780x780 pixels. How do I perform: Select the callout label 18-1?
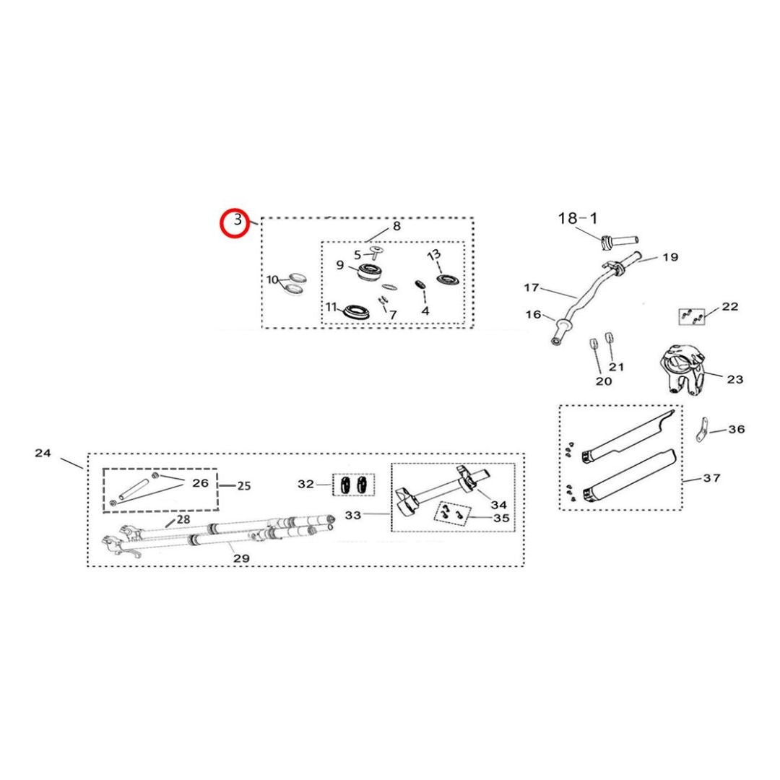[x=578, y=218]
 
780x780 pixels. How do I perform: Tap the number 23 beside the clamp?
[x=734, y=380]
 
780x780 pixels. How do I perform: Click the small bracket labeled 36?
[x=701, y=430]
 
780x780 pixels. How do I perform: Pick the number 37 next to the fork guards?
[x=712, y=478]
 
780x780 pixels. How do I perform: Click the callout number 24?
[x=43, y=453]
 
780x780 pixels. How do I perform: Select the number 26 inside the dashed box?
[x=201, y=483]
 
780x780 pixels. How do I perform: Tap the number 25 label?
[x=244, y=485]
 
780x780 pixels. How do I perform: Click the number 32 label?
[x=306, y=484]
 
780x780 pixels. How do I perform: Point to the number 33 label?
[x=352, y=515]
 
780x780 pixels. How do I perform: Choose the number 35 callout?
[x=501, y=519]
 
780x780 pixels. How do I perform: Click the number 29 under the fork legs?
[x=241, y=558]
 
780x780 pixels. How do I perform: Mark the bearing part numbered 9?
[x=373, y=273]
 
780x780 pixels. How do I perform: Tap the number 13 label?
[x=434, y=255]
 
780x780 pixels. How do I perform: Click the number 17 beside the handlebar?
[x=532, y=287]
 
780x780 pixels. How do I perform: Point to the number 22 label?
[x=729, y=306]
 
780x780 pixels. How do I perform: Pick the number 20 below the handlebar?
[x=603, y=381]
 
